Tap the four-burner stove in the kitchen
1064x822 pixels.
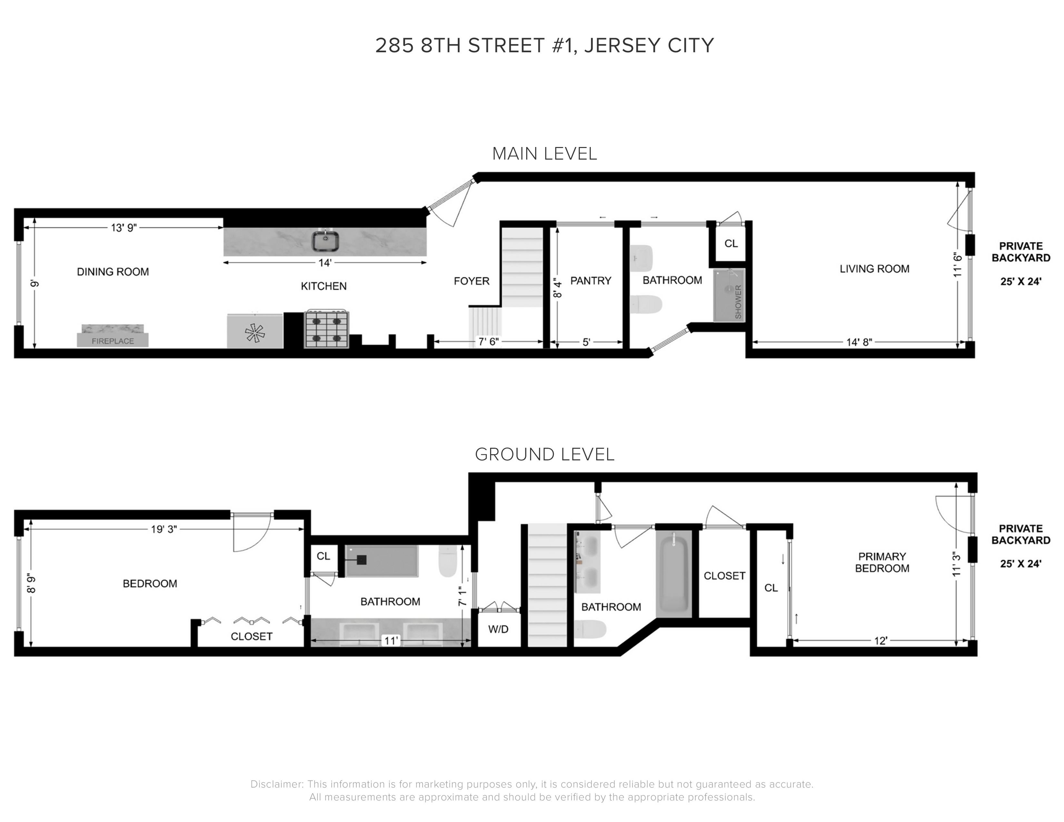(327, 330)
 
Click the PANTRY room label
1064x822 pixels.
(590, 281)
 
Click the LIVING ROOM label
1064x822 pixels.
(874, 269)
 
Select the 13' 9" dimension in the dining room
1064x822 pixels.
(124, 227)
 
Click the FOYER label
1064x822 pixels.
(471, 281)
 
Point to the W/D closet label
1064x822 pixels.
(498, 629)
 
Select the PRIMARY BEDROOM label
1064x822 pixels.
(882, 562)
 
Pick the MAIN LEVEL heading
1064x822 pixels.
(544, 154)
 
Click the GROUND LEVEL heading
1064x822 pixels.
(544, 454)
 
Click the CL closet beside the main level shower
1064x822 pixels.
(731, 243)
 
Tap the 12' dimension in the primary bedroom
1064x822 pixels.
(880, 641)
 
